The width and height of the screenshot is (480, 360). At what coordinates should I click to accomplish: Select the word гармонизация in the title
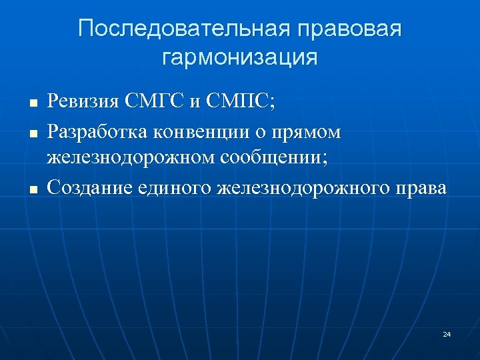[240, 57]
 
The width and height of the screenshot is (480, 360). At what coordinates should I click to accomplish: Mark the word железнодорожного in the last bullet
[303, 189]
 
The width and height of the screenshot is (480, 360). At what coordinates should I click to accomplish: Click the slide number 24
[446, 333]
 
